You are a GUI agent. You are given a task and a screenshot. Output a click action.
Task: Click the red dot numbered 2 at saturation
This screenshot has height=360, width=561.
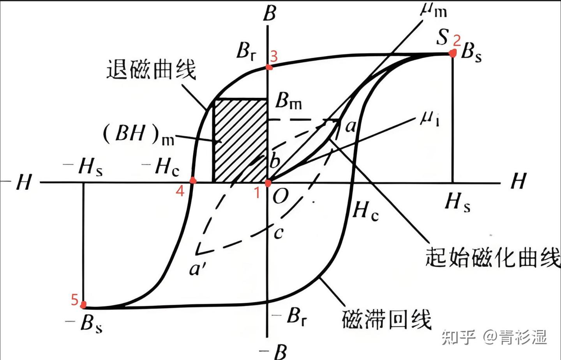[x=453, y=53]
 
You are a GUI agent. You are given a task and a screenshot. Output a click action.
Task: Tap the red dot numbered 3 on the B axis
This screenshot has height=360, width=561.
[x=269, y=67]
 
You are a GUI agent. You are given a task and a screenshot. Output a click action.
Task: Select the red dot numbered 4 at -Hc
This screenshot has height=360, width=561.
[x=192, y=180]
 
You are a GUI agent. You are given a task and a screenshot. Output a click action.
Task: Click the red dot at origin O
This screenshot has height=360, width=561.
[x=268, y=183]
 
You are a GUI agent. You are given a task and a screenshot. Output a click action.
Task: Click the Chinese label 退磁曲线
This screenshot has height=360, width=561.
[x=151, y=70]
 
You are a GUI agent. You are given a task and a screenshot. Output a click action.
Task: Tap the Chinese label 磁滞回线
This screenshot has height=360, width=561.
[x=386, y=319]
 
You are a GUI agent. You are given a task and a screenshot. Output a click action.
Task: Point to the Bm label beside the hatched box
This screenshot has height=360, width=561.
[x=288, y=101]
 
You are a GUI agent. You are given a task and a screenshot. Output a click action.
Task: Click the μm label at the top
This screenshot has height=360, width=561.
[x=434, y=9]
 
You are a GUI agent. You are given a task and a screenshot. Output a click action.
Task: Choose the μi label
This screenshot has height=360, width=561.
[x=430, y=119]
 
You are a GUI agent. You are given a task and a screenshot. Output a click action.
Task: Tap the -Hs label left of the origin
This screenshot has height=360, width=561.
[x=84, y=167]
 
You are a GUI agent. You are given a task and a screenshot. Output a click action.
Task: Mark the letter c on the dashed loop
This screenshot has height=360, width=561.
[x=278, y=233]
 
